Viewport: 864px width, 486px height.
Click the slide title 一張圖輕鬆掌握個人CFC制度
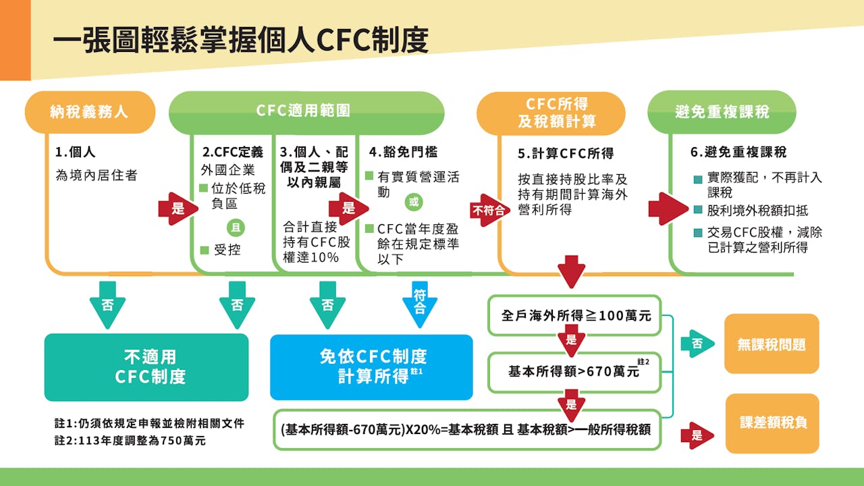click(240, 40)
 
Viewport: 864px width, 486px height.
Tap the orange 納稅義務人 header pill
click(89, 112)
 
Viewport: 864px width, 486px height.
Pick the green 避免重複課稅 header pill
click(721, 112)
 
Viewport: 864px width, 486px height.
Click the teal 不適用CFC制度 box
click(146, 367)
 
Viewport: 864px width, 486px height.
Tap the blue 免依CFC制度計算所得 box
click(371, 367)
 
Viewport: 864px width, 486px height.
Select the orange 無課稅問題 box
click(771, 344)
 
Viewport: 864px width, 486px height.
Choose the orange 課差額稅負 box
click(772, 423)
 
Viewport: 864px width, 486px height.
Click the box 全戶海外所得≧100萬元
click(576, 315)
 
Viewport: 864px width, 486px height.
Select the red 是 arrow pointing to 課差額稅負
click(697, 435)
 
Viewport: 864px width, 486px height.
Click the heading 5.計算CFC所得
click(566, 154)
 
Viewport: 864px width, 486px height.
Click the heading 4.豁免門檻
click(403, 153)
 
